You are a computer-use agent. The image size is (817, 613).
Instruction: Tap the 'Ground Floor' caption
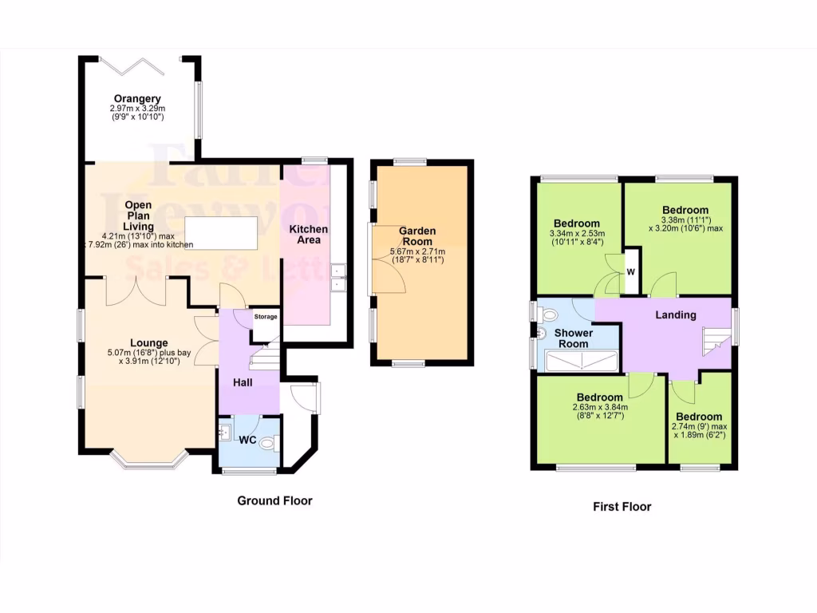(274, 500)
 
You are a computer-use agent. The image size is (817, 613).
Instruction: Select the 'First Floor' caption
(622, 506)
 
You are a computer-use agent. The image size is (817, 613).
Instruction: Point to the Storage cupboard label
(266, 317)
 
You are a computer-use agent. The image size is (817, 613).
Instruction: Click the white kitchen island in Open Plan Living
(222, 231)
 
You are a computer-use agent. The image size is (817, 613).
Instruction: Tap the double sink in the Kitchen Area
(337, 276)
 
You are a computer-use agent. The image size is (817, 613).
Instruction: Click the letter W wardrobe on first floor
(630, 271)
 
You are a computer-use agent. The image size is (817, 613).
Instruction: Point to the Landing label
(676, 314)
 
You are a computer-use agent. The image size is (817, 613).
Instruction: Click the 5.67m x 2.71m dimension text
(417, 251)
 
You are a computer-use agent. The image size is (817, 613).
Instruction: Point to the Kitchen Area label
(308, 234)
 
